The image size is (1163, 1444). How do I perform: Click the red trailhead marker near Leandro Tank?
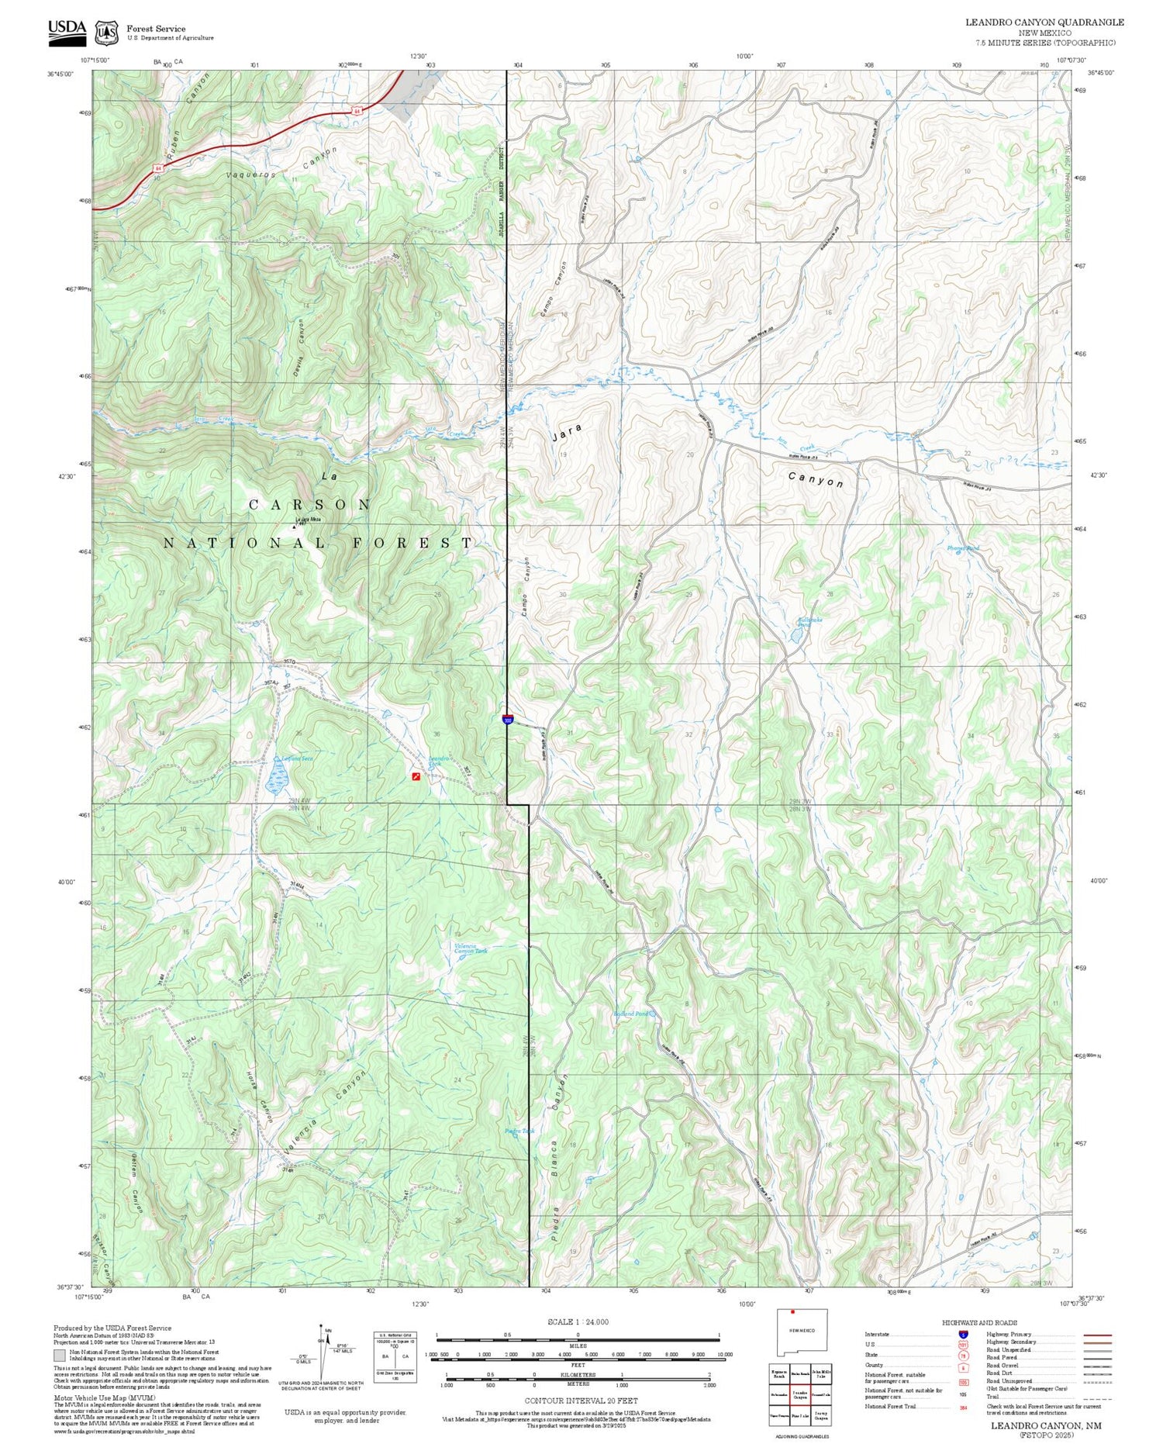point(416,776)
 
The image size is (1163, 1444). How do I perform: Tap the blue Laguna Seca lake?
point(277,776)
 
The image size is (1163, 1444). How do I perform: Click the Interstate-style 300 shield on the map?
point(507,720)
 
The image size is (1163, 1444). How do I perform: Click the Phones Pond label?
point(963,548)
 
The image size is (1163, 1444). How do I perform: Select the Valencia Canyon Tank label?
point(471,948)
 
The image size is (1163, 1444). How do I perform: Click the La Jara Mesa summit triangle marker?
point(294,527)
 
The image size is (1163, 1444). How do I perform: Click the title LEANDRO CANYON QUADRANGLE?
point(1044,22)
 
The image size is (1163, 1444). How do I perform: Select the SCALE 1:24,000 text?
point(578,1321)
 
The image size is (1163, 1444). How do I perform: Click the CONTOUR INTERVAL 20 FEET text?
point(581,1401)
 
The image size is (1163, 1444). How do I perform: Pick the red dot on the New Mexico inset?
point(792,1312)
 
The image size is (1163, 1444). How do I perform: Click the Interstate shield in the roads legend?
point(963,1335)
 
